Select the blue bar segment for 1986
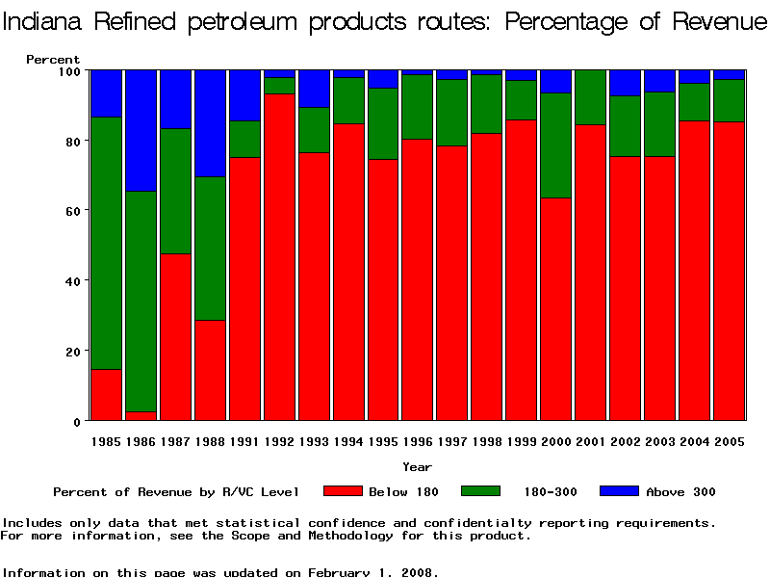click(141, 130)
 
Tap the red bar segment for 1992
click(279, 257)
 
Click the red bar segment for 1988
click(210, 370)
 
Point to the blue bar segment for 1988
click(210, 123)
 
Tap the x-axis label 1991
click(244, 441)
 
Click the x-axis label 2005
click(730, 441)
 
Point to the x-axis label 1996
click(418, 441)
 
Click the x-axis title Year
click(417, 467)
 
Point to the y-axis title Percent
click(53, 60)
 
